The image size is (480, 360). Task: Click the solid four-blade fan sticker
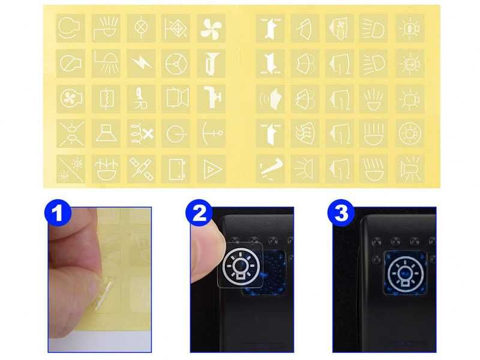click(211, 28)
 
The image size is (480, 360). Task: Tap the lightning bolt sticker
click(142, 64)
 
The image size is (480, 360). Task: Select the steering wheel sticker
click(176, 64)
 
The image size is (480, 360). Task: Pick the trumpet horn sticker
click(211, 64)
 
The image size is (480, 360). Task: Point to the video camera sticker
click(176, 98)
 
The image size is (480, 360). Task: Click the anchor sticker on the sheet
click(211, 134)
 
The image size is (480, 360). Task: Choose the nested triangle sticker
click(211, 169)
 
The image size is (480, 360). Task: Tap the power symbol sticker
click(176, 134)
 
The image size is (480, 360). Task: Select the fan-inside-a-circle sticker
click(71, 98)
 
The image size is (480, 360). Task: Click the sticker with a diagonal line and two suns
click(71, 169)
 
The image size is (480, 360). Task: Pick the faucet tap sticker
click(211, 98)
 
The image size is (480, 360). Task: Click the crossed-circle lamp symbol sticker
click(142, 28)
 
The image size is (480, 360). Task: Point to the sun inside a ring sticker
click(410, 134)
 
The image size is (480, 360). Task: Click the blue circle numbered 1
click(58, 213)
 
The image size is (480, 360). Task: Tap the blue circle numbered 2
click(200, 213)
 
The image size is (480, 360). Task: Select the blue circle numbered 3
click(341, 213)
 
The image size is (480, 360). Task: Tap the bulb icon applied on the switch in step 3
click(406, 272)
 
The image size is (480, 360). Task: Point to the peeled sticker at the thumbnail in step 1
click(104, 293)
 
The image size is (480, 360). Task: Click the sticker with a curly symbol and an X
click(142, 134)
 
